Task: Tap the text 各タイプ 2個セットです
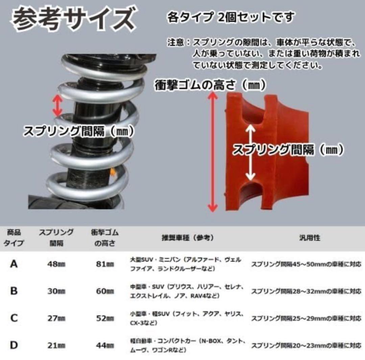[231, 17]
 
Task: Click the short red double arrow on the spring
[57, 105]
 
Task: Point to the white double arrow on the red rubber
[250, 152]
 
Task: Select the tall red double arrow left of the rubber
[212, 152]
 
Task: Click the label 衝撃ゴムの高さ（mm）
[210, 85]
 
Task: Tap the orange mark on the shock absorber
[113, 172]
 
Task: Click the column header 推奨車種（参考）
[188, 238]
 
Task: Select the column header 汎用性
[310, 238]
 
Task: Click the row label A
[14, 264]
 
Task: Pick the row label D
[14, 345]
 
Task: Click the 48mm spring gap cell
[56, 264]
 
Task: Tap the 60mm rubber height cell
[105, 291]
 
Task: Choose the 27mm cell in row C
[56, 318]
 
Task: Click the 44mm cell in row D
[105, 345]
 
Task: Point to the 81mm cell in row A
[105, 264]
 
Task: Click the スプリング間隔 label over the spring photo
[79, 131]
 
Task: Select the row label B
[14, 291]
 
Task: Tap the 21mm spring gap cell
[56, 345]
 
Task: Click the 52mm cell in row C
[105, 318]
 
